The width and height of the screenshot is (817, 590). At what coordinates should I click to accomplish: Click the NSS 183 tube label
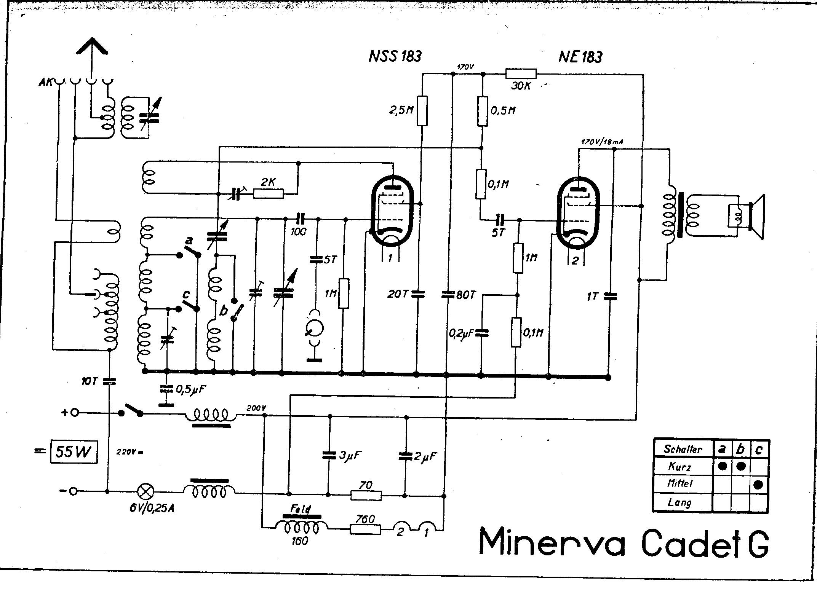[395, 56]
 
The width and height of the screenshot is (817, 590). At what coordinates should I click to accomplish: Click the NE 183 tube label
[580, 57]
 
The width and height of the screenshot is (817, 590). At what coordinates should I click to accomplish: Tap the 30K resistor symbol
[521, 74]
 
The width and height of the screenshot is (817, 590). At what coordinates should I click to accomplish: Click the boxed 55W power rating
[74, 452]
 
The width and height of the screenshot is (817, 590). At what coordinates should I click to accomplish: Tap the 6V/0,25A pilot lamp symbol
[145, 491]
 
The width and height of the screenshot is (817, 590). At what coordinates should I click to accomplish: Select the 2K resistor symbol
[268, 194]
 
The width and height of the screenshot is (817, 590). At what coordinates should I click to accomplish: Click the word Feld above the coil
[301, 509]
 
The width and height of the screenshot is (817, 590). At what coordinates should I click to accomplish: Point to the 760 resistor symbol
[365, 529]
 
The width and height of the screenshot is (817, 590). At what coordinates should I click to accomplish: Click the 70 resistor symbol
[366, 495]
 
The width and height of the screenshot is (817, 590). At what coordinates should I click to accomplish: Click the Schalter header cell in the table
[683, 449]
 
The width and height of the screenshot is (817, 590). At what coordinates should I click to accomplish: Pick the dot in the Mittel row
[758, 485]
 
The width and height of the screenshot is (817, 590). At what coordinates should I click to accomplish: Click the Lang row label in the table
[680, 502]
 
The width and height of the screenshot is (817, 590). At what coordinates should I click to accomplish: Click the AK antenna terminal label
[46, 82]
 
